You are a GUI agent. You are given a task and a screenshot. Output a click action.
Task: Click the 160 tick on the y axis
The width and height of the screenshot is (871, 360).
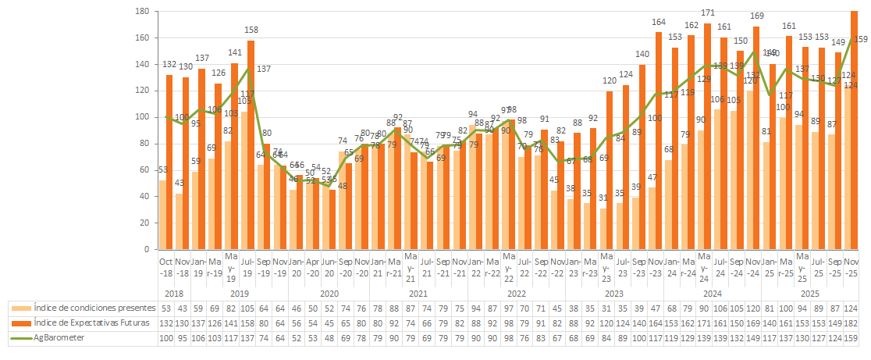[x=142, y=38]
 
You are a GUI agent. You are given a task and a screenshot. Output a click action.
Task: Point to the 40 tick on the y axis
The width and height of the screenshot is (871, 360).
[x=144, y=197]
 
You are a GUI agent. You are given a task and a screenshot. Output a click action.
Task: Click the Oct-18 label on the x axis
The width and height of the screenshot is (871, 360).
[x=165, y=266]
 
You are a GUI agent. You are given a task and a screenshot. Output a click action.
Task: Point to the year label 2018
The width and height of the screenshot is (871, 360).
[x=173, y=293]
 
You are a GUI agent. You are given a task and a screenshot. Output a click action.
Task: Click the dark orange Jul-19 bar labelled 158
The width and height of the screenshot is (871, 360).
[x=251, y=144]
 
